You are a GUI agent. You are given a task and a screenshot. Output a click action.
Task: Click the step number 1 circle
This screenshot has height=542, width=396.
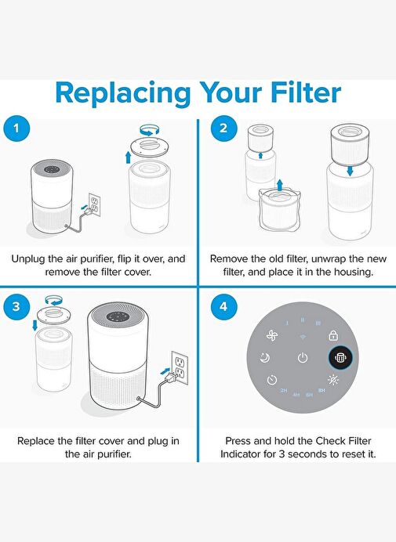coord(16,128)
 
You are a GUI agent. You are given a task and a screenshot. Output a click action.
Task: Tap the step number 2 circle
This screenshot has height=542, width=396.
coord(223,128)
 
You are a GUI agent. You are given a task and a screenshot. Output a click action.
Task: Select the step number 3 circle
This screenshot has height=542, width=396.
coord(16,306)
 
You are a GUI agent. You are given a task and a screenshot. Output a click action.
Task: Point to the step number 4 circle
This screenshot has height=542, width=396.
coord(223,306)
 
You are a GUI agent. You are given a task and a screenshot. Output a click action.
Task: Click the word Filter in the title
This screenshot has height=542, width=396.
coord(306,92)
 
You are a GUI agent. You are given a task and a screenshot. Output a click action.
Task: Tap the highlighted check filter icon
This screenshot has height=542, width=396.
coord(340,357)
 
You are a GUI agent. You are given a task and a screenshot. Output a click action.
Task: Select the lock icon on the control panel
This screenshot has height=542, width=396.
coord(333,335)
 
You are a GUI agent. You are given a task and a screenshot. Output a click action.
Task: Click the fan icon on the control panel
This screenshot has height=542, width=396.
coord(272,335)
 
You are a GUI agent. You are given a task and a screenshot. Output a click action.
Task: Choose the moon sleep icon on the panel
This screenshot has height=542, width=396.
coord(265,358)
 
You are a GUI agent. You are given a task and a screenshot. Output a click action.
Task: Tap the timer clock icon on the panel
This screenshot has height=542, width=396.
coord(272,380)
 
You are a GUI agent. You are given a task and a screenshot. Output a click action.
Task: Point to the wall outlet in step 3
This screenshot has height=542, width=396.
coord(180,367)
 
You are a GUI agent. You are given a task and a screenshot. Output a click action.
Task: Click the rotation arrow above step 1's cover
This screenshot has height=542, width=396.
coord(150,129)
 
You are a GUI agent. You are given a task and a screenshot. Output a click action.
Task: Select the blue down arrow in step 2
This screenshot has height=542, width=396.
coord(351,171)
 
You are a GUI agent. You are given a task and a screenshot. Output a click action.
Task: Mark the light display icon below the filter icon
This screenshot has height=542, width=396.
coord(333,380)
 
